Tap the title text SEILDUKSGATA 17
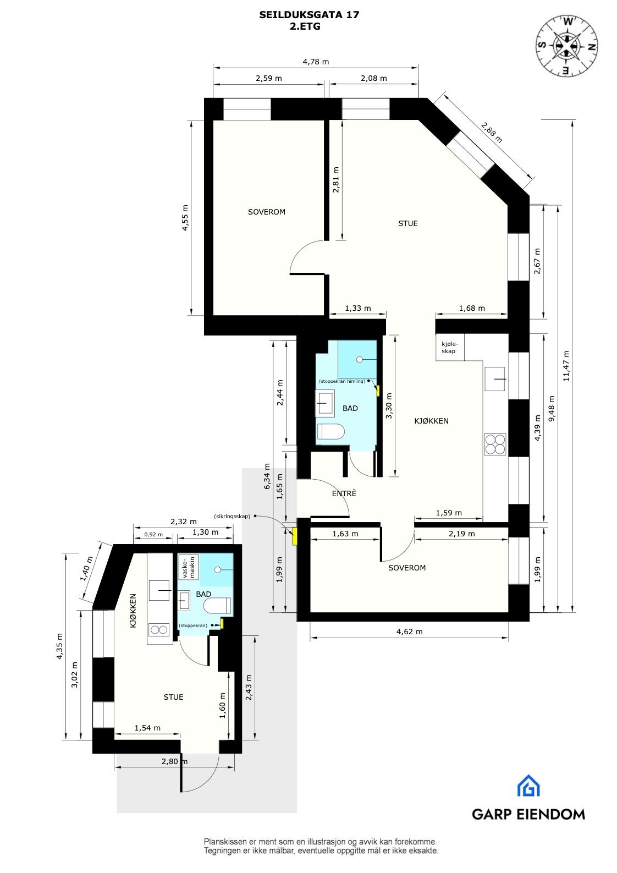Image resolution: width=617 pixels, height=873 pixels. tap(309, 15)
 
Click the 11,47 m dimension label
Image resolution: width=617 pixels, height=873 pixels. tap(566, 366)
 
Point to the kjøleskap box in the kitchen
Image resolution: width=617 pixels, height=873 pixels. tap(449, 348)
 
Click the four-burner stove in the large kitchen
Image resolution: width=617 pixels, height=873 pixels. tap(495, 444)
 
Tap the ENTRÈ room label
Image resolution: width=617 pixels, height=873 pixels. tap(344, 493)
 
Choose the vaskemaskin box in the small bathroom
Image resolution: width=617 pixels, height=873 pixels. tap(188, 567)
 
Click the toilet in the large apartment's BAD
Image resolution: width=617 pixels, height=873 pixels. tap(330, 432)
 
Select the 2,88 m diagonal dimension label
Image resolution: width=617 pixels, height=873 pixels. tap(492, 133)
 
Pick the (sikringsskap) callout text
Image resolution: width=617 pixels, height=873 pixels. tap(232, 517)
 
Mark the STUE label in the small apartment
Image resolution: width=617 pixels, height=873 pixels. tap(173, 697)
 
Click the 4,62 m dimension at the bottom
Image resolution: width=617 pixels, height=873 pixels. tap(410, 632)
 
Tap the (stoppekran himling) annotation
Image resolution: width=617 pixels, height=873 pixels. tap(341, 381)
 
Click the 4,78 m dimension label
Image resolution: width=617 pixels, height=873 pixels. tap(316, 62)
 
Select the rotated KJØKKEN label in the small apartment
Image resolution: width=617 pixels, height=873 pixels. tap(133, 611)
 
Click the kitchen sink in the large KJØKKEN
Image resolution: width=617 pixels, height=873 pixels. tap(495, 379)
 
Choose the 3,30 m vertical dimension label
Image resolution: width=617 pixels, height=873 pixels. tap(389, 406)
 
